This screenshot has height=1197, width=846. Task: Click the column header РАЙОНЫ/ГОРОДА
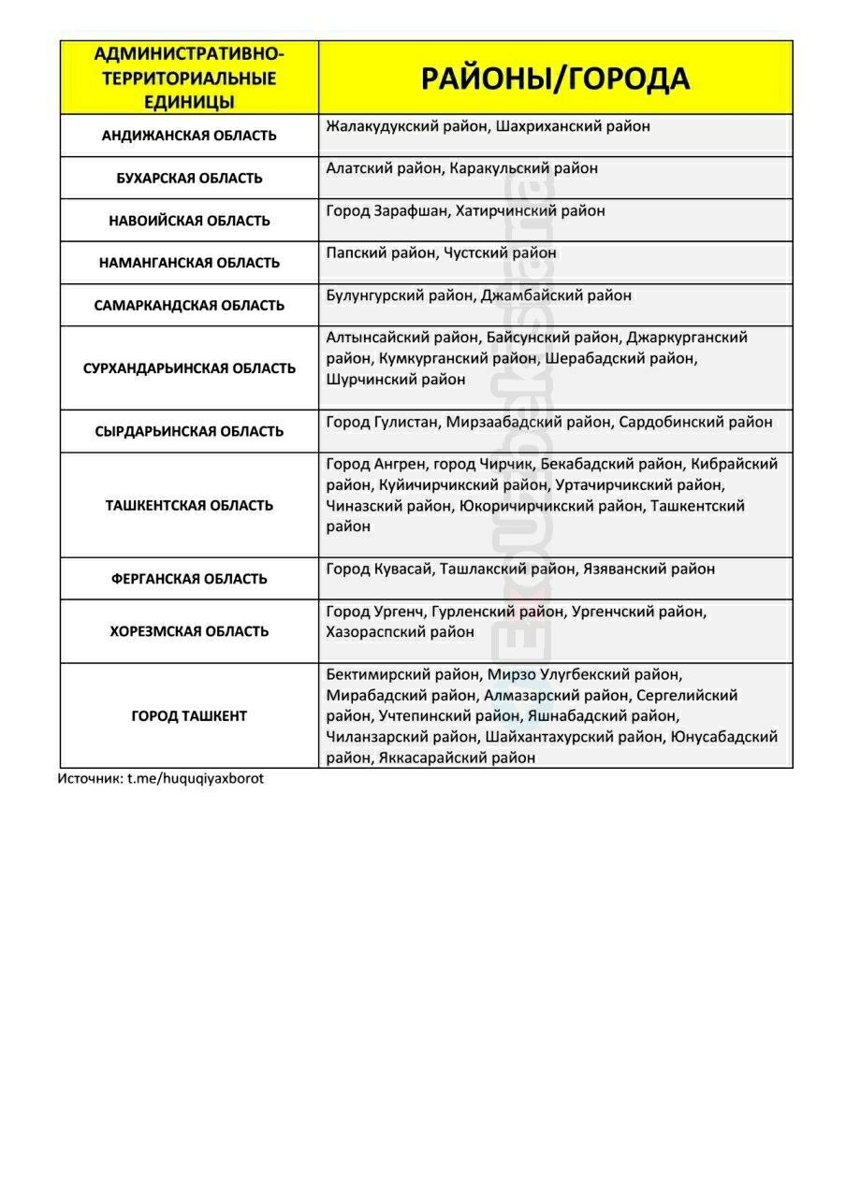555,79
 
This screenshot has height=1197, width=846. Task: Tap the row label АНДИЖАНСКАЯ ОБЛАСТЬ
189,136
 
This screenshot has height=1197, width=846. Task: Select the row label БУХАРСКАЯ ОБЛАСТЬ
189,178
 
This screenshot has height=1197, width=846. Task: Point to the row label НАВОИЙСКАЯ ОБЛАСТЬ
189,221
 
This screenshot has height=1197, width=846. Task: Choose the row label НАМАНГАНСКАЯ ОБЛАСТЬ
189,263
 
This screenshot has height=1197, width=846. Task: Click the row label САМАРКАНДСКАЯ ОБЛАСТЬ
189,306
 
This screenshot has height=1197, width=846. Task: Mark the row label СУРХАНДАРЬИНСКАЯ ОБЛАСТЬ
189,368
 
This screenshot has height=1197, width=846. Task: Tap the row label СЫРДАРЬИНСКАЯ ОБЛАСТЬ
189,431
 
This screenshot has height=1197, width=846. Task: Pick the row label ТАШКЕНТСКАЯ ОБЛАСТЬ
189,506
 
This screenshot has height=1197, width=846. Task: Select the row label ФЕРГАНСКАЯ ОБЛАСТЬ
189,579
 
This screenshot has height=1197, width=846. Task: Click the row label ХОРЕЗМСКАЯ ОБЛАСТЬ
189,631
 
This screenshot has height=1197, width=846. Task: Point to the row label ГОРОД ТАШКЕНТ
189,716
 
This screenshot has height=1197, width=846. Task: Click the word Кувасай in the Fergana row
403,569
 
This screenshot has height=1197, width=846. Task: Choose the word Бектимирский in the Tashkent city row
373,673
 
